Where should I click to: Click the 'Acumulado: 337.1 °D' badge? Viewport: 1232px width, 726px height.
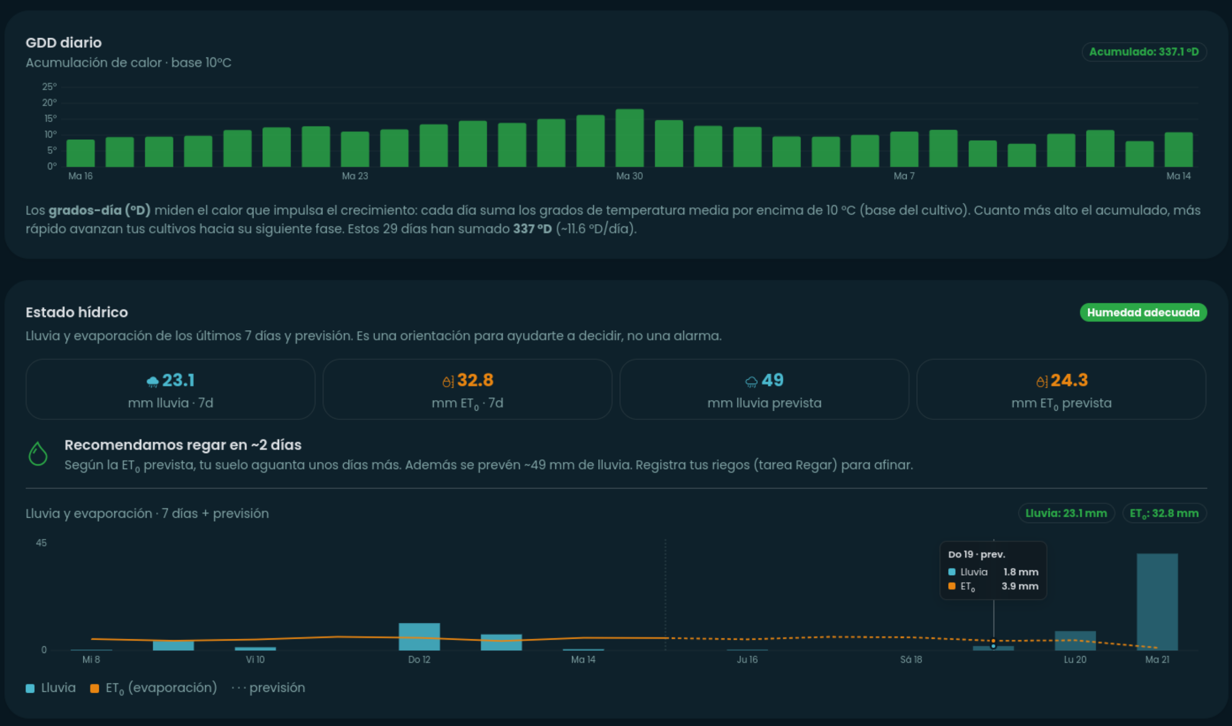[1144, 52]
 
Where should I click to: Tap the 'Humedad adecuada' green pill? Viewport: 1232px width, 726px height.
[1143, 312]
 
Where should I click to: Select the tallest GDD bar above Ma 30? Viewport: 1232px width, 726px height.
[629, 138]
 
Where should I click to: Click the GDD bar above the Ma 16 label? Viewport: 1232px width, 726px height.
[80, 153]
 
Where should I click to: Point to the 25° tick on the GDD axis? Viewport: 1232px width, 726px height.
[49, 87]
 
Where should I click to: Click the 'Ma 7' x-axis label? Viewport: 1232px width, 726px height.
[904, 176]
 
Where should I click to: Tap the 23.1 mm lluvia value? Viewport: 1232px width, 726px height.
[178, 380]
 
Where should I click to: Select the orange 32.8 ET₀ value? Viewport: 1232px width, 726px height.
[475, 380]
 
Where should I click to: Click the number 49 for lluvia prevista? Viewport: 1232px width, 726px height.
[772, 380]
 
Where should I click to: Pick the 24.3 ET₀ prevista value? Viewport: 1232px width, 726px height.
[1069, 380]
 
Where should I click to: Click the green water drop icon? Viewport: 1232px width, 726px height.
[38, 454]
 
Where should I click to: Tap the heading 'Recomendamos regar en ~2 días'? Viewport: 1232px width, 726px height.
[183, 444]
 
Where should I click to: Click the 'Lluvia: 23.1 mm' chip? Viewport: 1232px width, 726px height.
[1066, 513]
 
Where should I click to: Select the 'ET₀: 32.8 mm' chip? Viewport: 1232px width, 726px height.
[1165, 513]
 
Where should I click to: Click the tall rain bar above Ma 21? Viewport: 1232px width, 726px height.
[1157, 602]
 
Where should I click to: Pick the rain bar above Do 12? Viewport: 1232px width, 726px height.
[419, 636]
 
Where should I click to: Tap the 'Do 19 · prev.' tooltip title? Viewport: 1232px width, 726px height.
[977, 554]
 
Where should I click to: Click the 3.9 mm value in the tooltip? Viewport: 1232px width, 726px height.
[1020, 586]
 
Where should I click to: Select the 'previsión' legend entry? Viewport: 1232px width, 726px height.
[268, 688]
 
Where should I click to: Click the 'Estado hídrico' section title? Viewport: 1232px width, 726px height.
[77, 312]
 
